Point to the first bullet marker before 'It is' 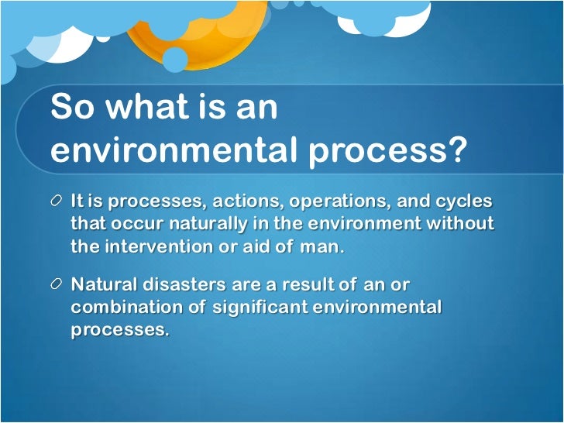tap(57, 201)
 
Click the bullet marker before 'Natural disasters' tap(57, 285)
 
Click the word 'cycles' tap(465, 201)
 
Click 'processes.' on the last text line tap(119, 330)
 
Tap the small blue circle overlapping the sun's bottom tap(175, 59)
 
